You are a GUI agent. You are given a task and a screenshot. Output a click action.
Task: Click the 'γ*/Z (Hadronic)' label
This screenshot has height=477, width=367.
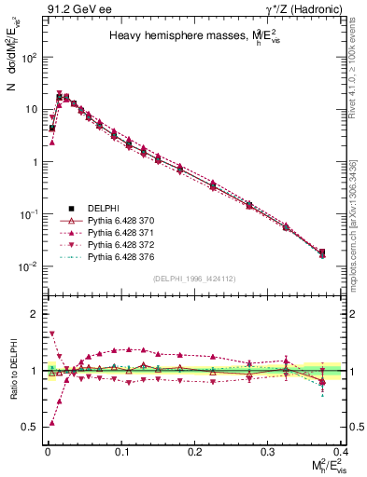click(308, 9)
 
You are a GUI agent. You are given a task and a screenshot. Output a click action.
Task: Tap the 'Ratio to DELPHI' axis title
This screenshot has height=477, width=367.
click(12, 370)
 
